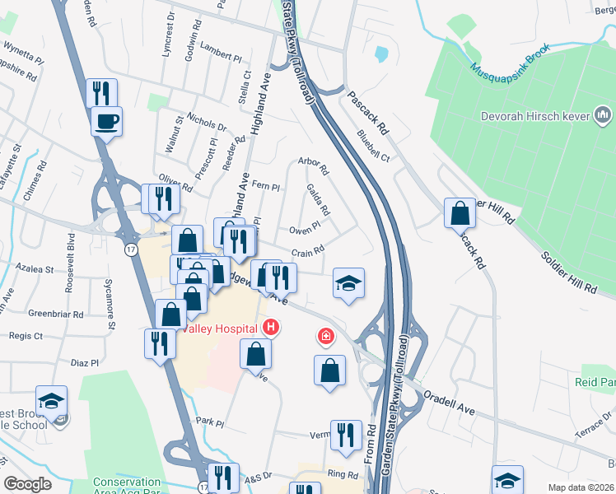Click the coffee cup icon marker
[106, 123]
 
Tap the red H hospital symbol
[271, 329]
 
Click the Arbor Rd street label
[314, 167]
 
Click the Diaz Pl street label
[84, 362]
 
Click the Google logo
[28, 484]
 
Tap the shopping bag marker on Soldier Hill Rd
[460, 214]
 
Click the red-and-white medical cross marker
[327, 337]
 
